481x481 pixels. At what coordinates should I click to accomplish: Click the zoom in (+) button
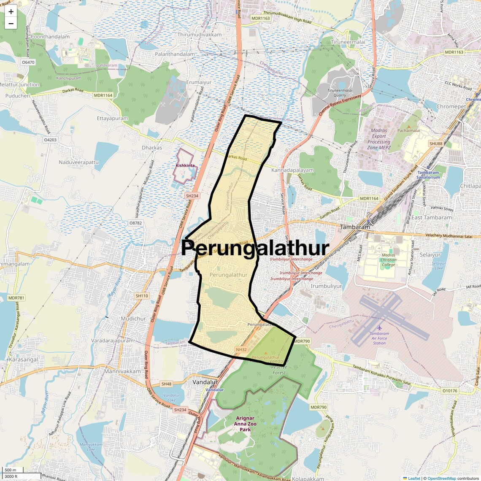11,11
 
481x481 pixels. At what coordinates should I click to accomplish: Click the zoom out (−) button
11,24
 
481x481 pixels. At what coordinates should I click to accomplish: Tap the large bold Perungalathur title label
255,248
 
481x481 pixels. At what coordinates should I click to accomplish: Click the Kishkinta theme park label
185,165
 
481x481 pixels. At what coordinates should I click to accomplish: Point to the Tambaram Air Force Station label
379,338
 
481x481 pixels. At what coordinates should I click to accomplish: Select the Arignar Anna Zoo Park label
245,424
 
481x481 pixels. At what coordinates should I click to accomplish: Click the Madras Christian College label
388,260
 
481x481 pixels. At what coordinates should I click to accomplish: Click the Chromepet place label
451,106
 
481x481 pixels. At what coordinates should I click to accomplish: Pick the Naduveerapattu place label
79,162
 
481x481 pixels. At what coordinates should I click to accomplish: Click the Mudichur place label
133,319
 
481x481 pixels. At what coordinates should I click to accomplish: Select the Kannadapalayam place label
292,170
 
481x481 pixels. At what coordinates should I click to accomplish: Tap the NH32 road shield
241,349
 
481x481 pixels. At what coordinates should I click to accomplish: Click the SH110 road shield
142,296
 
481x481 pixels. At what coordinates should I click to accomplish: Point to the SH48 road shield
167,384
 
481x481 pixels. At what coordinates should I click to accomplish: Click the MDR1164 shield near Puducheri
103,95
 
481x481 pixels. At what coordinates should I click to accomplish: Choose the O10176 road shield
450,391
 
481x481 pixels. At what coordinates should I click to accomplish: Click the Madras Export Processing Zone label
378,139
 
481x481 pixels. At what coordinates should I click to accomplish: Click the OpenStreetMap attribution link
441,478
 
